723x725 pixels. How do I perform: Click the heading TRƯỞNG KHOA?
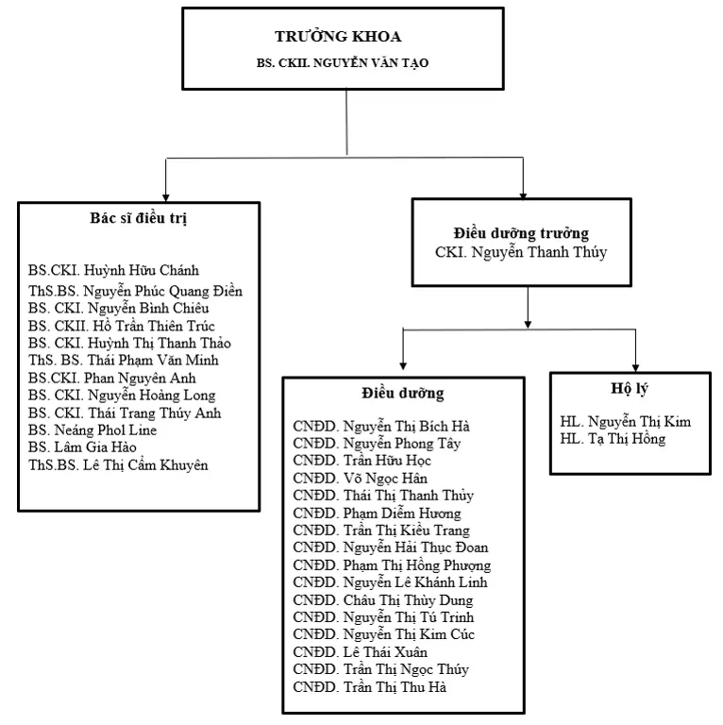tap(338, 36)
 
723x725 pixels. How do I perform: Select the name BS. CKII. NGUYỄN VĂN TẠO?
tap(343, 63)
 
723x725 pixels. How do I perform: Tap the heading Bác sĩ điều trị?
tap(138, 218)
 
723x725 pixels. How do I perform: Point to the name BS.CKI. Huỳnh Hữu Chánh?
tap(113, 270)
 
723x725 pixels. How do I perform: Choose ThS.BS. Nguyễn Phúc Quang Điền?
tap(135, 292)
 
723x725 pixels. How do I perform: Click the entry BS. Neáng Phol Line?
tap(92, 430)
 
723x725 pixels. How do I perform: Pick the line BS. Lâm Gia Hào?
tap(82, 447)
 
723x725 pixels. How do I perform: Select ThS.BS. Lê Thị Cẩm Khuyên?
tap(118, 465)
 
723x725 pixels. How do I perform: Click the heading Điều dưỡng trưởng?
tap(521, 233)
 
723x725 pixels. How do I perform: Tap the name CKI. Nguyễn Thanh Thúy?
tap(521, 252)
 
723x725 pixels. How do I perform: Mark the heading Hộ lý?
tap(630, 389)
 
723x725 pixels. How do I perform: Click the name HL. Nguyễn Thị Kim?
tap(626, 422)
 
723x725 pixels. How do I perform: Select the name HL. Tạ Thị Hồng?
tap(613, 439)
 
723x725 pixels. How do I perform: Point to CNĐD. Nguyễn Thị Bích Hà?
tap(381, 427)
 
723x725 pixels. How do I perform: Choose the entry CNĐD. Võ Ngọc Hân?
tap(361, 478)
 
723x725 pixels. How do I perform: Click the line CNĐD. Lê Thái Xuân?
tap(361, 652)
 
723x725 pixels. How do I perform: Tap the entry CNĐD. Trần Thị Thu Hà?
tap(370, 687)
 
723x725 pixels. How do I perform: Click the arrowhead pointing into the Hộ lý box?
tap(635, 368)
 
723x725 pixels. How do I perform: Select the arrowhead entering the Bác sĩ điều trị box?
tap(165, 198)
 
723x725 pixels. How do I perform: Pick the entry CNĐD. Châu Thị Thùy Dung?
tap(383, 600)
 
